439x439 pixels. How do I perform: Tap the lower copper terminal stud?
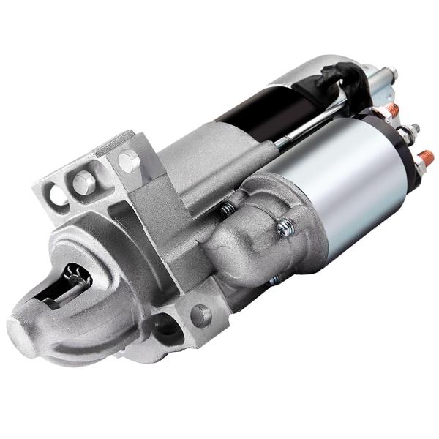click(x=425, y=157)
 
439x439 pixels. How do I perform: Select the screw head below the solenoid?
click(x=272, y=279)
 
